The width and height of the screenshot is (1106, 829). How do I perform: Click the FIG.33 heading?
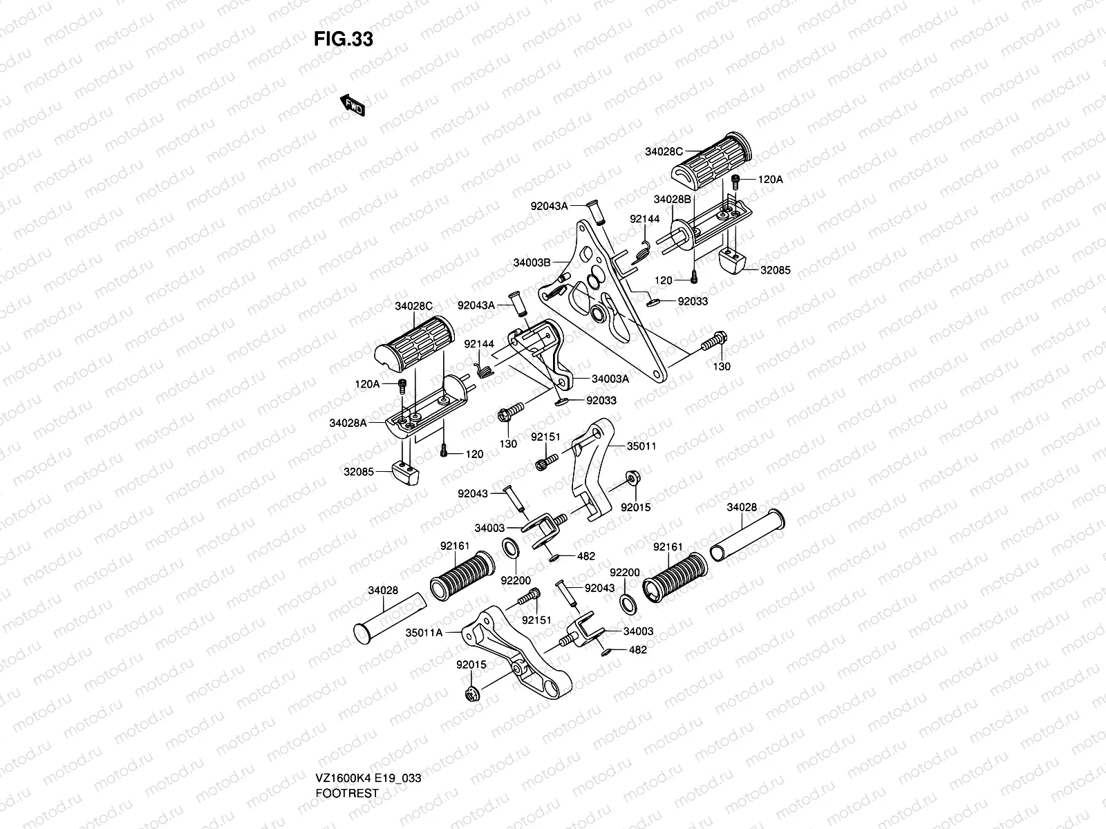pyautogui.click(x=344, y=39)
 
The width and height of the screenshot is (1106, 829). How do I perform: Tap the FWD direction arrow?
pyautogui.click(x=352, y=105)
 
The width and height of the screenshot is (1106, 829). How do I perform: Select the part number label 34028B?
pyautogui.click(x=673, y=200)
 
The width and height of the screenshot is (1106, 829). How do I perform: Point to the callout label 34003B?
pyautogui.click(x=532, y=263)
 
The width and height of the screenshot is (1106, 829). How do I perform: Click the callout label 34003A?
pyautogui.click(x=610, y=378)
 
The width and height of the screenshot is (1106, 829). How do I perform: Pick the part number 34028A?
pyautogui.click(x=348, y=422)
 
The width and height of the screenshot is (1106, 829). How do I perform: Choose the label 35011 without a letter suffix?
pyautogui.click(x=641, y=446)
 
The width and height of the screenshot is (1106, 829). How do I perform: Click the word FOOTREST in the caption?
pyautogui.click(x=347, y=793)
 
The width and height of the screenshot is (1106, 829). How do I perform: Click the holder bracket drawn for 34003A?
pyautogui.click(x=546, y=352)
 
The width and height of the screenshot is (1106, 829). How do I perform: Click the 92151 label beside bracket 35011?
pyautogui.click(x=545, y=437)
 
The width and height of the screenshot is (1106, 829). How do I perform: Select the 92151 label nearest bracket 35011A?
pyautogui.click(x=536, y=620)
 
